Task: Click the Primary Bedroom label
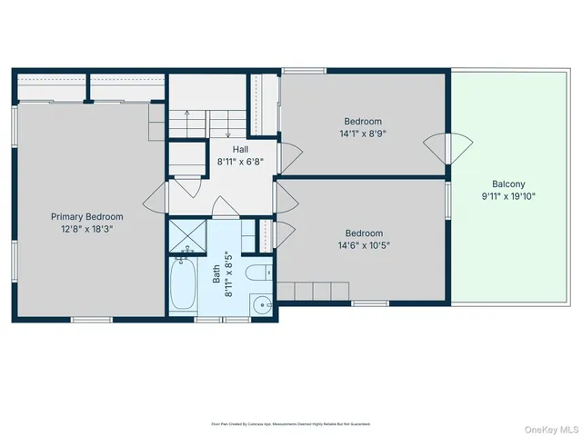pos(86,217)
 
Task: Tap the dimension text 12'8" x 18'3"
pos(86,230)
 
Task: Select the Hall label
pos(240,149)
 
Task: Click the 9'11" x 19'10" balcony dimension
pos(508,194)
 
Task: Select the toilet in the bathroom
pos(258,272)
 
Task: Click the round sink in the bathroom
pos(262,304)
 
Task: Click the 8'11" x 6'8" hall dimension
pos(240,162)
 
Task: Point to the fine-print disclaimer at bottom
pos(290,423)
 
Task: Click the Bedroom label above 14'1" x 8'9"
pos(362,121)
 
